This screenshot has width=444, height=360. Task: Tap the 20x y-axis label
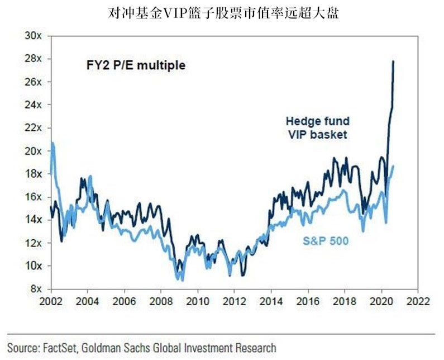coord(35,151)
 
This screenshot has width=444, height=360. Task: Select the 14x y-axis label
coord(35,220)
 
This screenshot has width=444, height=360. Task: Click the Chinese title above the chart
coord(222,13)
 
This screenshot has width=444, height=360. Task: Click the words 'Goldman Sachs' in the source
coord(126,348)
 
